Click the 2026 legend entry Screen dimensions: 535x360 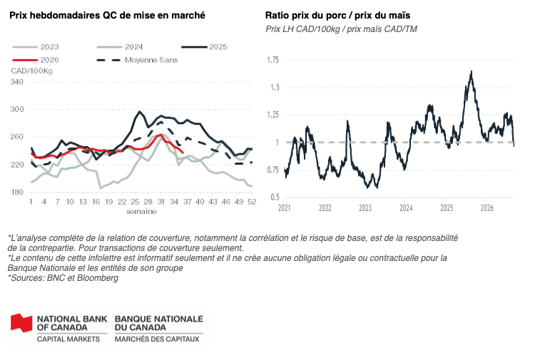click(x=36, y=60)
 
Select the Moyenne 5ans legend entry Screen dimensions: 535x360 click(x=137, y=60)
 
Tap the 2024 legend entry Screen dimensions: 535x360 click(x=120, y=47)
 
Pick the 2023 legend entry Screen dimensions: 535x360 click(x=36, y=47)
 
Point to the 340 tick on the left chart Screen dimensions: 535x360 click(x=17, y=82)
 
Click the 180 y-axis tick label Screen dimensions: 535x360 click(x=17, y=192)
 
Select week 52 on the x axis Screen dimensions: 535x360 click(x=252, y=202)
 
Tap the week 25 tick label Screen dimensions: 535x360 click(x=135, y=202)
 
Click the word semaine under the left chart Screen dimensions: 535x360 click(x=142, y=211)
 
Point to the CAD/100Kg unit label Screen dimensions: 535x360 click(x=31, y=71)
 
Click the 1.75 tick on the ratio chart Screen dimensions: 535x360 click(x=272, y=60)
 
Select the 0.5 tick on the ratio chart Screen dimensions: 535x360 click(x=275, y=197)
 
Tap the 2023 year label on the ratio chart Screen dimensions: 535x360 click(x=365, y=208)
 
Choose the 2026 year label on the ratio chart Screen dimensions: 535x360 click(x=487, y=208)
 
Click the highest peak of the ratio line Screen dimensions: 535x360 click(x=472, y=71)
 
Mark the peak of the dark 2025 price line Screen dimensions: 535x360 click(x=139, y=111)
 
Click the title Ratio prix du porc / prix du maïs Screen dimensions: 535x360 click(x=338, y=16)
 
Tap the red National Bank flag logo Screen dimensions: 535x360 click(x=21, y=323)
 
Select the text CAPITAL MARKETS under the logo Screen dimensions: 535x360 click(x=68, y=339)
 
